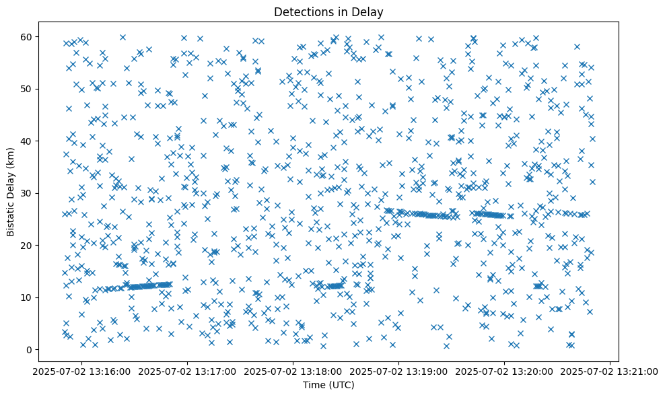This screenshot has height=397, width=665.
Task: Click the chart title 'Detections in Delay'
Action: click(x=329, y=11)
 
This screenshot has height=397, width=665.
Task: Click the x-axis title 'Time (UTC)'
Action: click(x=329, y=385)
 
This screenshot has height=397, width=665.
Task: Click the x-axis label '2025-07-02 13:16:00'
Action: click(x=82, y=371)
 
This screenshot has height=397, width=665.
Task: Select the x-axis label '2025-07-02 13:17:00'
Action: click(x=188, y=371)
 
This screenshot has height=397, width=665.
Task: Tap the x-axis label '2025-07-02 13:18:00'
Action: click(x=293, y=371)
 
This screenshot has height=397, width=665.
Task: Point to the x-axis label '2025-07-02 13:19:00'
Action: click(x=399, y=371)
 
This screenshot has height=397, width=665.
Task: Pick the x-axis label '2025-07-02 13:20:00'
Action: click(x=505, y=371)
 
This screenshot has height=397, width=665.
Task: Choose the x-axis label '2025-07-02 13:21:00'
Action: click(x=610, y=371)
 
